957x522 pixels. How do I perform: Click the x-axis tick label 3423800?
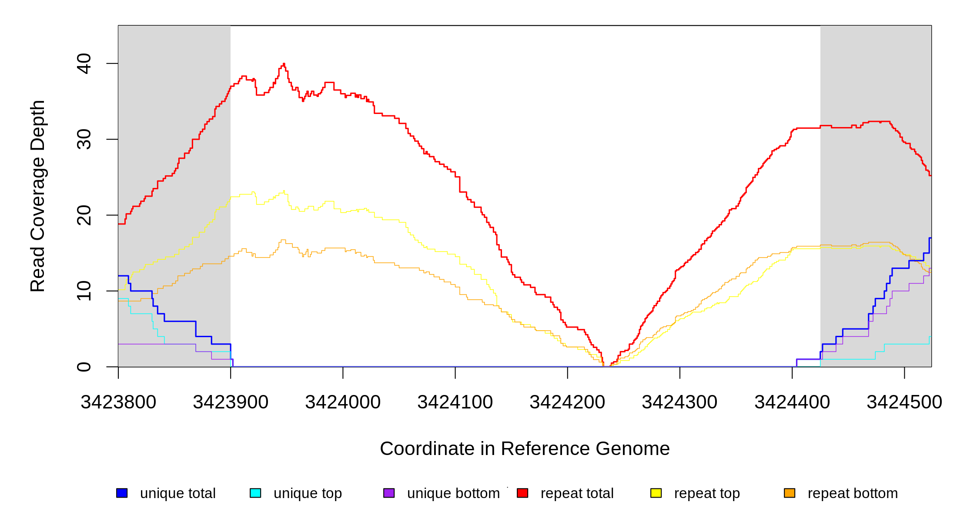point(118,402)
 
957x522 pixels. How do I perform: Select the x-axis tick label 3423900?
point(231,402)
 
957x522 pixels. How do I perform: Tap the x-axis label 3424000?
point(343,402)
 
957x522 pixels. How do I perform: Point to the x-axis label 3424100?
point(455,402)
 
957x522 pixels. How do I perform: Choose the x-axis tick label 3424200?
point(567,402)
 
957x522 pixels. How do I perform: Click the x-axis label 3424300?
point(679,402)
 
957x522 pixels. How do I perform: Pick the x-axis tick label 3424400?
point(792,402)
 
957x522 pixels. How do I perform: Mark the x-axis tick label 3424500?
point(904,402)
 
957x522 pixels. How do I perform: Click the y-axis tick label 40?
point(84,64)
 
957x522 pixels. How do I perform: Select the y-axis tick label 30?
point(84,139)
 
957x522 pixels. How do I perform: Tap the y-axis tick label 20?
point(84,215)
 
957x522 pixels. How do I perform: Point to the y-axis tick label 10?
point(84,291)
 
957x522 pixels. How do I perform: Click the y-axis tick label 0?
point(84,367)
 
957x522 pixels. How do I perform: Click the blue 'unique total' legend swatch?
point(122,493)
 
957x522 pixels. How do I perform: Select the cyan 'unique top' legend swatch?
point(255,493)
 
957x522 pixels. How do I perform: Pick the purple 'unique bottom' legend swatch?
point(389,493)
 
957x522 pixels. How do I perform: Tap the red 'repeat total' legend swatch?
point(522,493)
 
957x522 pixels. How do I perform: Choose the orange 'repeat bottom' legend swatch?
point(790,493)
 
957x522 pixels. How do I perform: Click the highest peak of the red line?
point(284,64)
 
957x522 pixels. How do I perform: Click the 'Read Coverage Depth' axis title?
point(38,196)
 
